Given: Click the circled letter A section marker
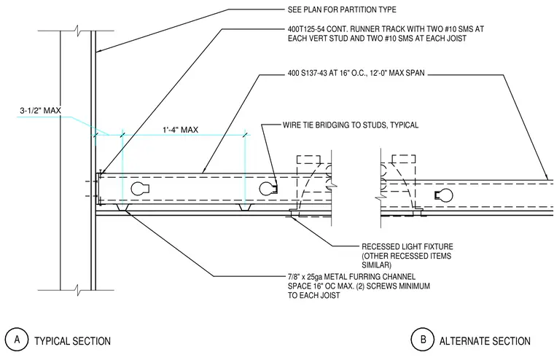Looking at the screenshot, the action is click(x=17, y=340).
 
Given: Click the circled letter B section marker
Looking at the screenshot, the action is click(x=423, y=340).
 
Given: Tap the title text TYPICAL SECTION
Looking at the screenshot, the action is click(x=72, y=341).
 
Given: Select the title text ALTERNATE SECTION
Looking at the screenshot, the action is click(x=485, y=341).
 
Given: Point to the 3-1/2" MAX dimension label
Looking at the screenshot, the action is click(x=40, y=111).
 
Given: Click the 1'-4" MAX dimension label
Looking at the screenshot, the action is click(x=180, y=130).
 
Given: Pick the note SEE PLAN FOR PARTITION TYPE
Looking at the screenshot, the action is click(x=342, y=9).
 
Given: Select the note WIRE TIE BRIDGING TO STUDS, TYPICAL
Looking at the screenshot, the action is click(x=351, y=125).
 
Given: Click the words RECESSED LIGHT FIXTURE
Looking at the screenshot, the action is click(x=407, y=246).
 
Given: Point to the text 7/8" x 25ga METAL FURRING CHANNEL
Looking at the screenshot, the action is click(x=351, y=277).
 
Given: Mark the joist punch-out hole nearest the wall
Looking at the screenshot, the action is click(x=140, y=189).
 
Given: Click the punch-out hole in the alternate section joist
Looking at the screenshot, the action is click(x=444, y=195).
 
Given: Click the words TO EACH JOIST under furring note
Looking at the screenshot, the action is click(x=313, y=295).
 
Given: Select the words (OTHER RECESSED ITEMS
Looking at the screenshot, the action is click(x=406, y=256).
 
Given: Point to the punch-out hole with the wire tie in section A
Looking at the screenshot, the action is click(x=268, y=189).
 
